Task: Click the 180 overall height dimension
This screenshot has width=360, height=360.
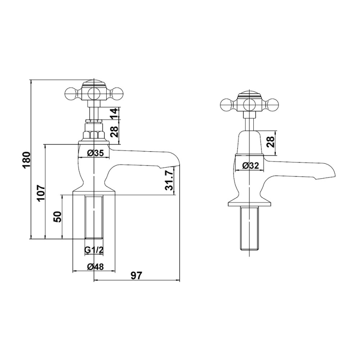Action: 27,160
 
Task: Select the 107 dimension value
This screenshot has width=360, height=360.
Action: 41,193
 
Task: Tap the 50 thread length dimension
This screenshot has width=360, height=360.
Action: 58,216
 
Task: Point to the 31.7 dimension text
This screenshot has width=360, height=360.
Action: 169,181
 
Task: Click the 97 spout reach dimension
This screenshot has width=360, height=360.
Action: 137,275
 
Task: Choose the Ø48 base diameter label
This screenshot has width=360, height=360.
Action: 95,266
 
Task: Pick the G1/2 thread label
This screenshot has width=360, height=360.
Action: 94,250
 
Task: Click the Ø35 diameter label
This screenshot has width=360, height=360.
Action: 96,153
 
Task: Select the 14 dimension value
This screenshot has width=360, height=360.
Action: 115,113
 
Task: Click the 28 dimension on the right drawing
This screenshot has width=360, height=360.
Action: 271,142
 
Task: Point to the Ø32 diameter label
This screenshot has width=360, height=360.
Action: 251,165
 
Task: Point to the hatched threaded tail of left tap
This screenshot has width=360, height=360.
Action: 94,217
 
